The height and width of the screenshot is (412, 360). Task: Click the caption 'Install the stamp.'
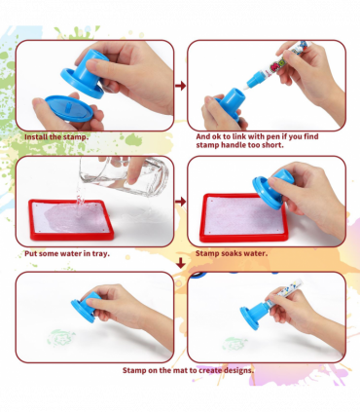(55, 137)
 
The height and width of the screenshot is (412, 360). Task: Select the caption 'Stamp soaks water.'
(232, 253)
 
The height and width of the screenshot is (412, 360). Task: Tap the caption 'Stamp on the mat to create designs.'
(188, 370)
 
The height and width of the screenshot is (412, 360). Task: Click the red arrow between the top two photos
(179, 86)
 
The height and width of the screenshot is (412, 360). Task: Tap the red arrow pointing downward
(180, 263)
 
